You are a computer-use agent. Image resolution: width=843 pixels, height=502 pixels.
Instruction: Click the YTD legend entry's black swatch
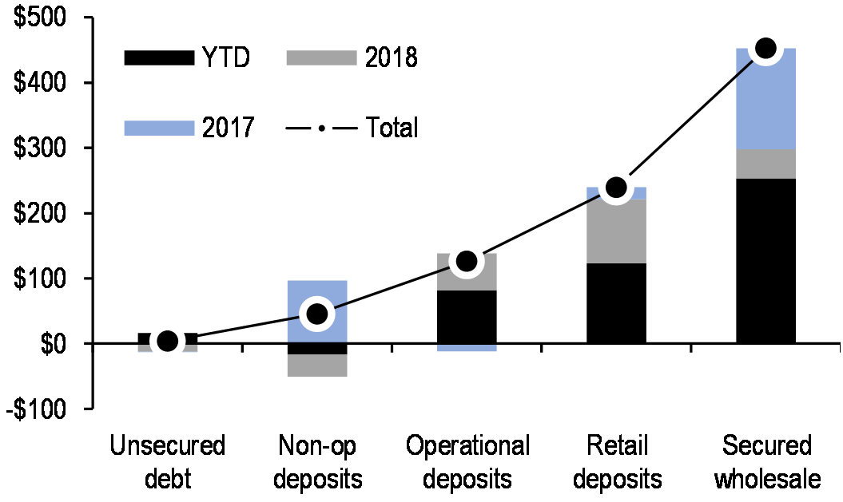159,57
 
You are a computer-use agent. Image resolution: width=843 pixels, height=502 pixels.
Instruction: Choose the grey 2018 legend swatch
319,57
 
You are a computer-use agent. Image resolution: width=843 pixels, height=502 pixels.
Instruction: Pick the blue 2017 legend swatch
159,127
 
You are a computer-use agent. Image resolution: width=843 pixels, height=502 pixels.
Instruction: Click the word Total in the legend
392,127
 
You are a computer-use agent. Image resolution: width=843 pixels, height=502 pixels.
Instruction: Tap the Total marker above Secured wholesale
765,49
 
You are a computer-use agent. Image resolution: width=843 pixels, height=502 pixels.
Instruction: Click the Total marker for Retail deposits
616,188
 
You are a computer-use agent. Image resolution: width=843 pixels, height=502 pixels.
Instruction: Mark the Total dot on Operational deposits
467,261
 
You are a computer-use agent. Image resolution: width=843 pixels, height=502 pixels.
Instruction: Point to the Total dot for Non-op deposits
317,314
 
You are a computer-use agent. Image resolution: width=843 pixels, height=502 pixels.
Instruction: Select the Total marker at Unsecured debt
168,342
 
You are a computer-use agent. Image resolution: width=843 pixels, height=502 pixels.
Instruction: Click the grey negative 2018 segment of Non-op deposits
317,366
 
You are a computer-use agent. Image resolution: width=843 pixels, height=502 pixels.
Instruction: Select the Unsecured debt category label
168,462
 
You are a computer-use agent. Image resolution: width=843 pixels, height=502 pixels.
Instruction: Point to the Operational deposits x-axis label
467,462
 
